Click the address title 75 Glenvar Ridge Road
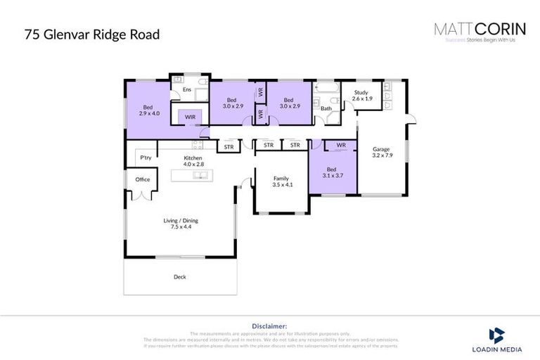click(x=91, y=34)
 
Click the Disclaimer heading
click(x=269, y=326)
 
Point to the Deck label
click(x=180, y=277)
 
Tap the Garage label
click(x=381, y=149)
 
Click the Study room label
click(x=361, y=93)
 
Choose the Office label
click(x=143, y=179)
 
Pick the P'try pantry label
click(x=146, y=157)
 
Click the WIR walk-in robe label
click(x=190, y=117)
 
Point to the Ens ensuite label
click(x=186, y=90)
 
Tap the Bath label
click(x=326, y=108)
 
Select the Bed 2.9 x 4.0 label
click(x=149, y=109)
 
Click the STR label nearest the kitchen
click(x=229, y=147)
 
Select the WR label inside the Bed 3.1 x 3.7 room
click(x=341, y=146)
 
